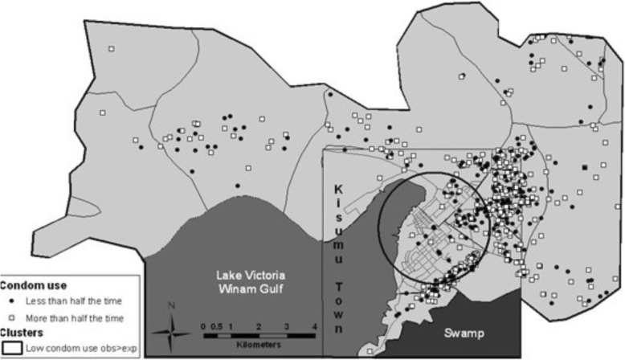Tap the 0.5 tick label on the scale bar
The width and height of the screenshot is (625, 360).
(217, 325)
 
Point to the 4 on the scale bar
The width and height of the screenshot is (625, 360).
(315, 325)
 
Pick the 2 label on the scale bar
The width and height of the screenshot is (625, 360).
(259, 325)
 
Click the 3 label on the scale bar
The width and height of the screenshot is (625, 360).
(287, 325)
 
